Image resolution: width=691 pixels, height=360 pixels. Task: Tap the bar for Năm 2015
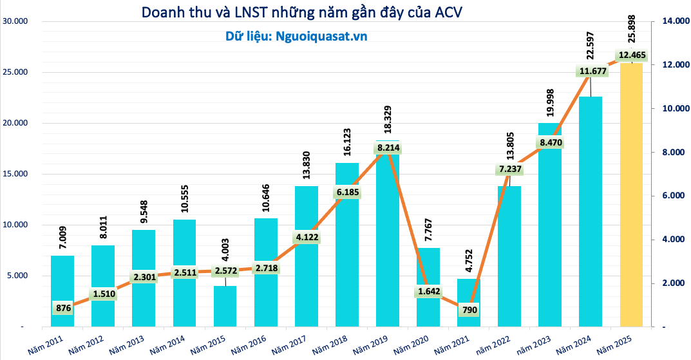pos(225,307)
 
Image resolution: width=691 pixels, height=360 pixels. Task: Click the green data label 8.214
pos(388,148)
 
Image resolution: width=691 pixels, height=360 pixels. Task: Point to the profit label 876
pos(62,308)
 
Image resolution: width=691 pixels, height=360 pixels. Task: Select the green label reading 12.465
pos(632,55)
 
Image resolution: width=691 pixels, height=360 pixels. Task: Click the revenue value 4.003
pos(226,263)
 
